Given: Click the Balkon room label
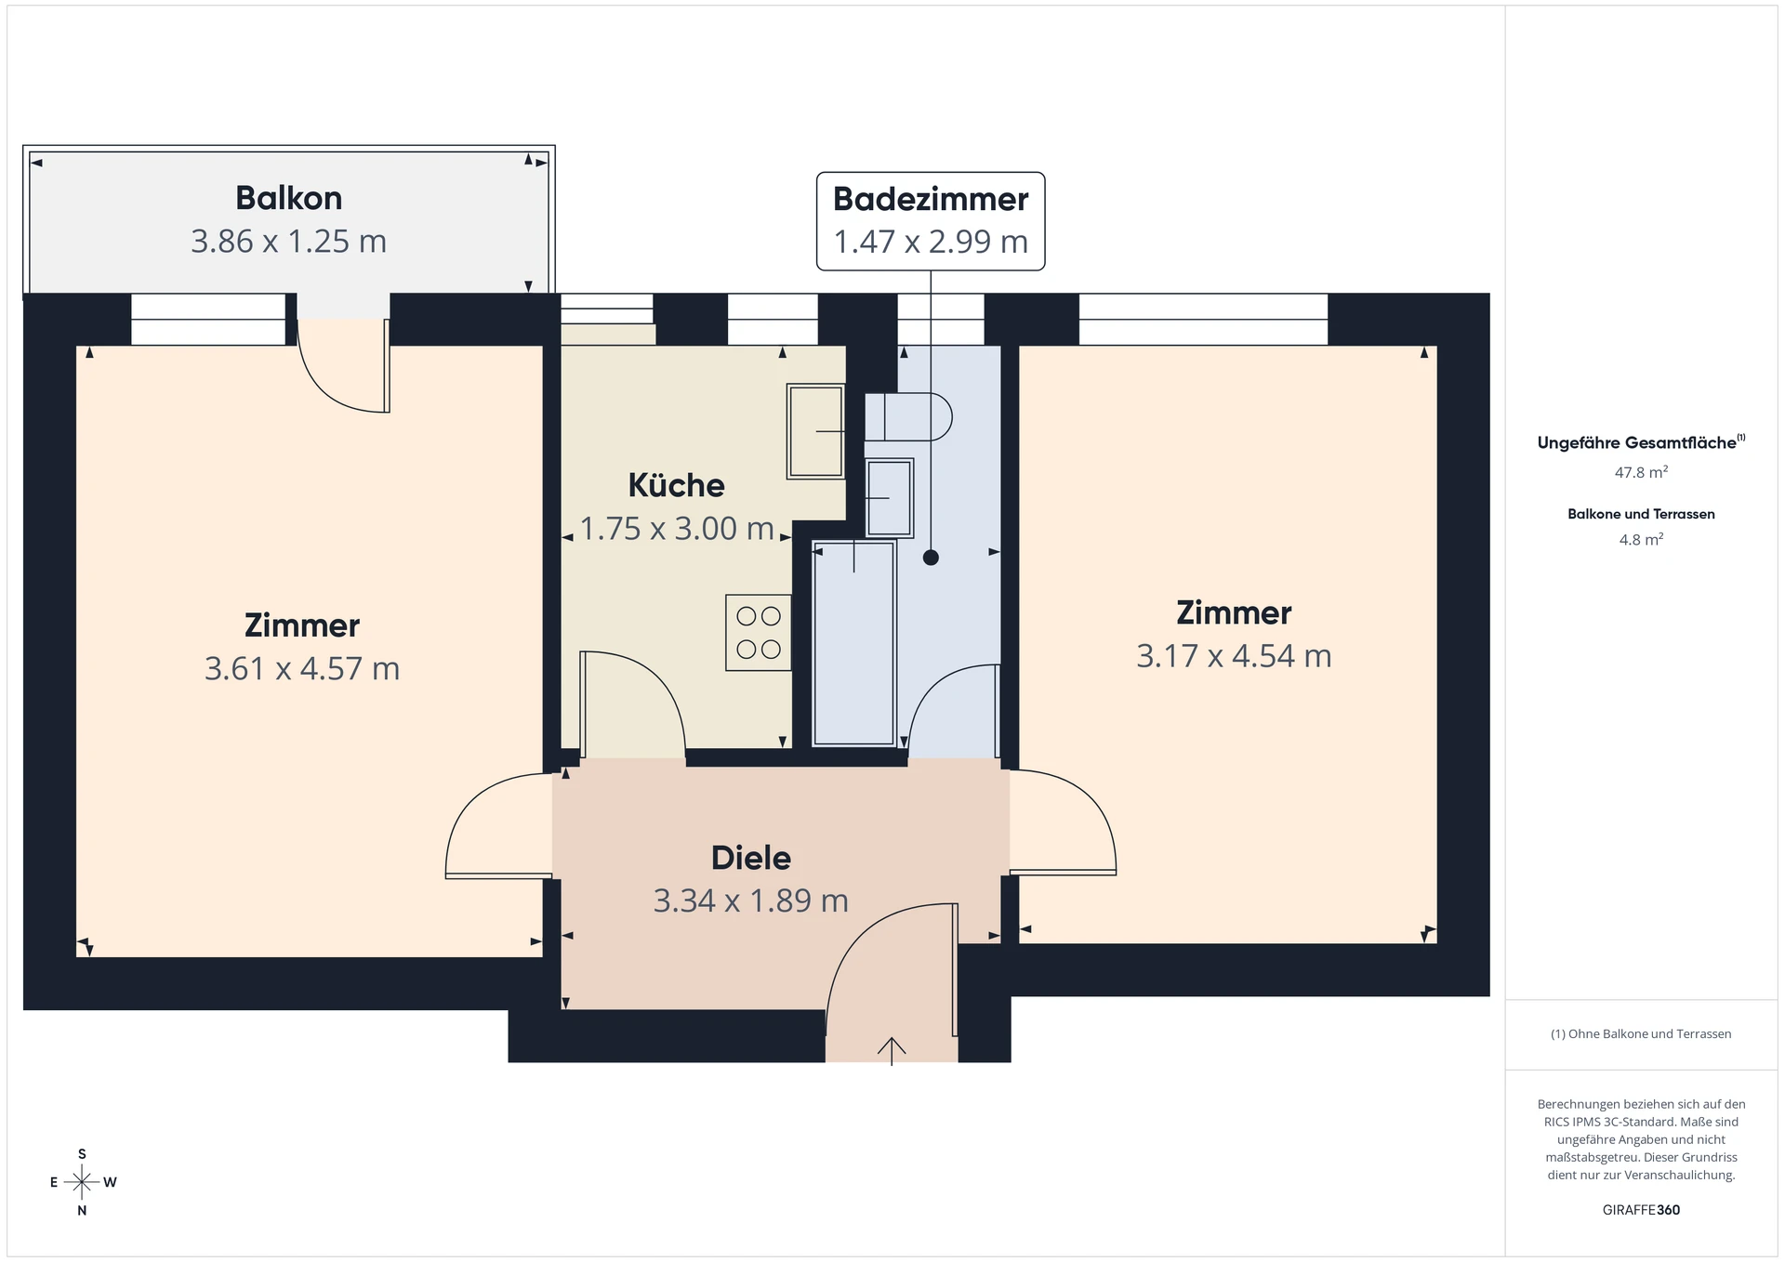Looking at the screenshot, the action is (x=288, y=198).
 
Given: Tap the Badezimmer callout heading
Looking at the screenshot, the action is (x=931, y=199).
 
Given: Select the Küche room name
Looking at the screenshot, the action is (x=676, y=484).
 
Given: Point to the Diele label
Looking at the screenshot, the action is (x=751, y=858).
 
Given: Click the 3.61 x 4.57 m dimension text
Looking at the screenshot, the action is (x=302, y=668).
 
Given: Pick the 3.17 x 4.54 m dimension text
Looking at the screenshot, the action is (x=1234, y=656).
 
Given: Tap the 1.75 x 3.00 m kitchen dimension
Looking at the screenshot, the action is (x=677, y=528).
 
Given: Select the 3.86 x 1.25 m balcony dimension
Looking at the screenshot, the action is (x=288, y=241).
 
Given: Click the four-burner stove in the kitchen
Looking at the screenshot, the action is (x=759, y=633).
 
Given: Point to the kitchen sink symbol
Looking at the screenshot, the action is (x=815, y=431).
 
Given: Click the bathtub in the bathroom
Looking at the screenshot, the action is (x=853, y=643).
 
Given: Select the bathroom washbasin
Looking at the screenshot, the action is (x=889, y=498).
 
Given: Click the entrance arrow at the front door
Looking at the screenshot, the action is (x=892, y=1051).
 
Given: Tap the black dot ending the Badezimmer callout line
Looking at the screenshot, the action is (x=931, y=558).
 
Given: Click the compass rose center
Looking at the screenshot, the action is (x=82, y=1182).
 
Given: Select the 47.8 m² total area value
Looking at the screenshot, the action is (x=1641, y=472).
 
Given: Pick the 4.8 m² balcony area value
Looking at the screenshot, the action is (x=1641, y=539).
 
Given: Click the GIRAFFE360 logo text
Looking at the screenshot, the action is (x=1641, y=1210).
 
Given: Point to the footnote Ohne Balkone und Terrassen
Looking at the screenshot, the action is (x=1641, y=1033).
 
